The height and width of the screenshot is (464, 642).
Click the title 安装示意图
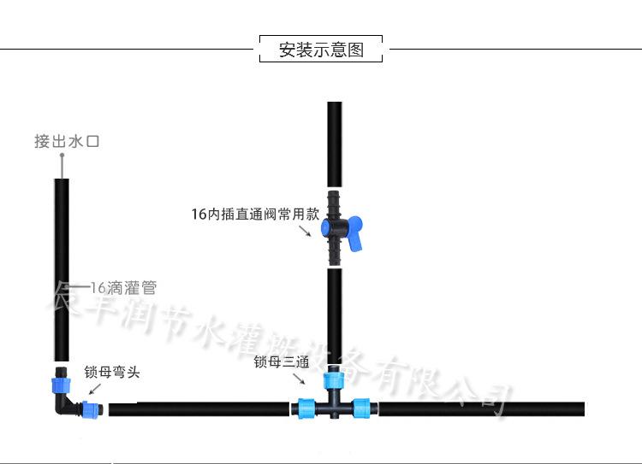(x=321, y=50)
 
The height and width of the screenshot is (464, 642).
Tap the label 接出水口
(x=67, y=141)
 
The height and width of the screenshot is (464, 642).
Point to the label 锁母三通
(x=281, y=361)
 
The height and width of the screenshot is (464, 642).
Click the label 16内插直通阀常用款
(x=254, y=214)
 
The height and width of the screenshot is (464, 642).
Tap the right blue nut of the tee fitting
(x=365, y=409)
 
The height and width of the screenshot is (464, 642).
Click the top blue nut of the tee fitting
(x=334, y=381)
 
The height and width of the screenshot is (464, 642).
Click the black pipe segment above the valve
(x=335, y=141)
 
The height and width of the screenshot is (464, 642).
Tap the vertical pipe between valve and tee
(x=335, y=316)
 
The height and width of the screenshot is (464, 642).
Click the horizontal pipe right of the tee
(x=479, y=409)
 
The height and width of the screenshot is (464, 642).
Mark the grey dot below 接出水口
(x=62, y=156)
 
